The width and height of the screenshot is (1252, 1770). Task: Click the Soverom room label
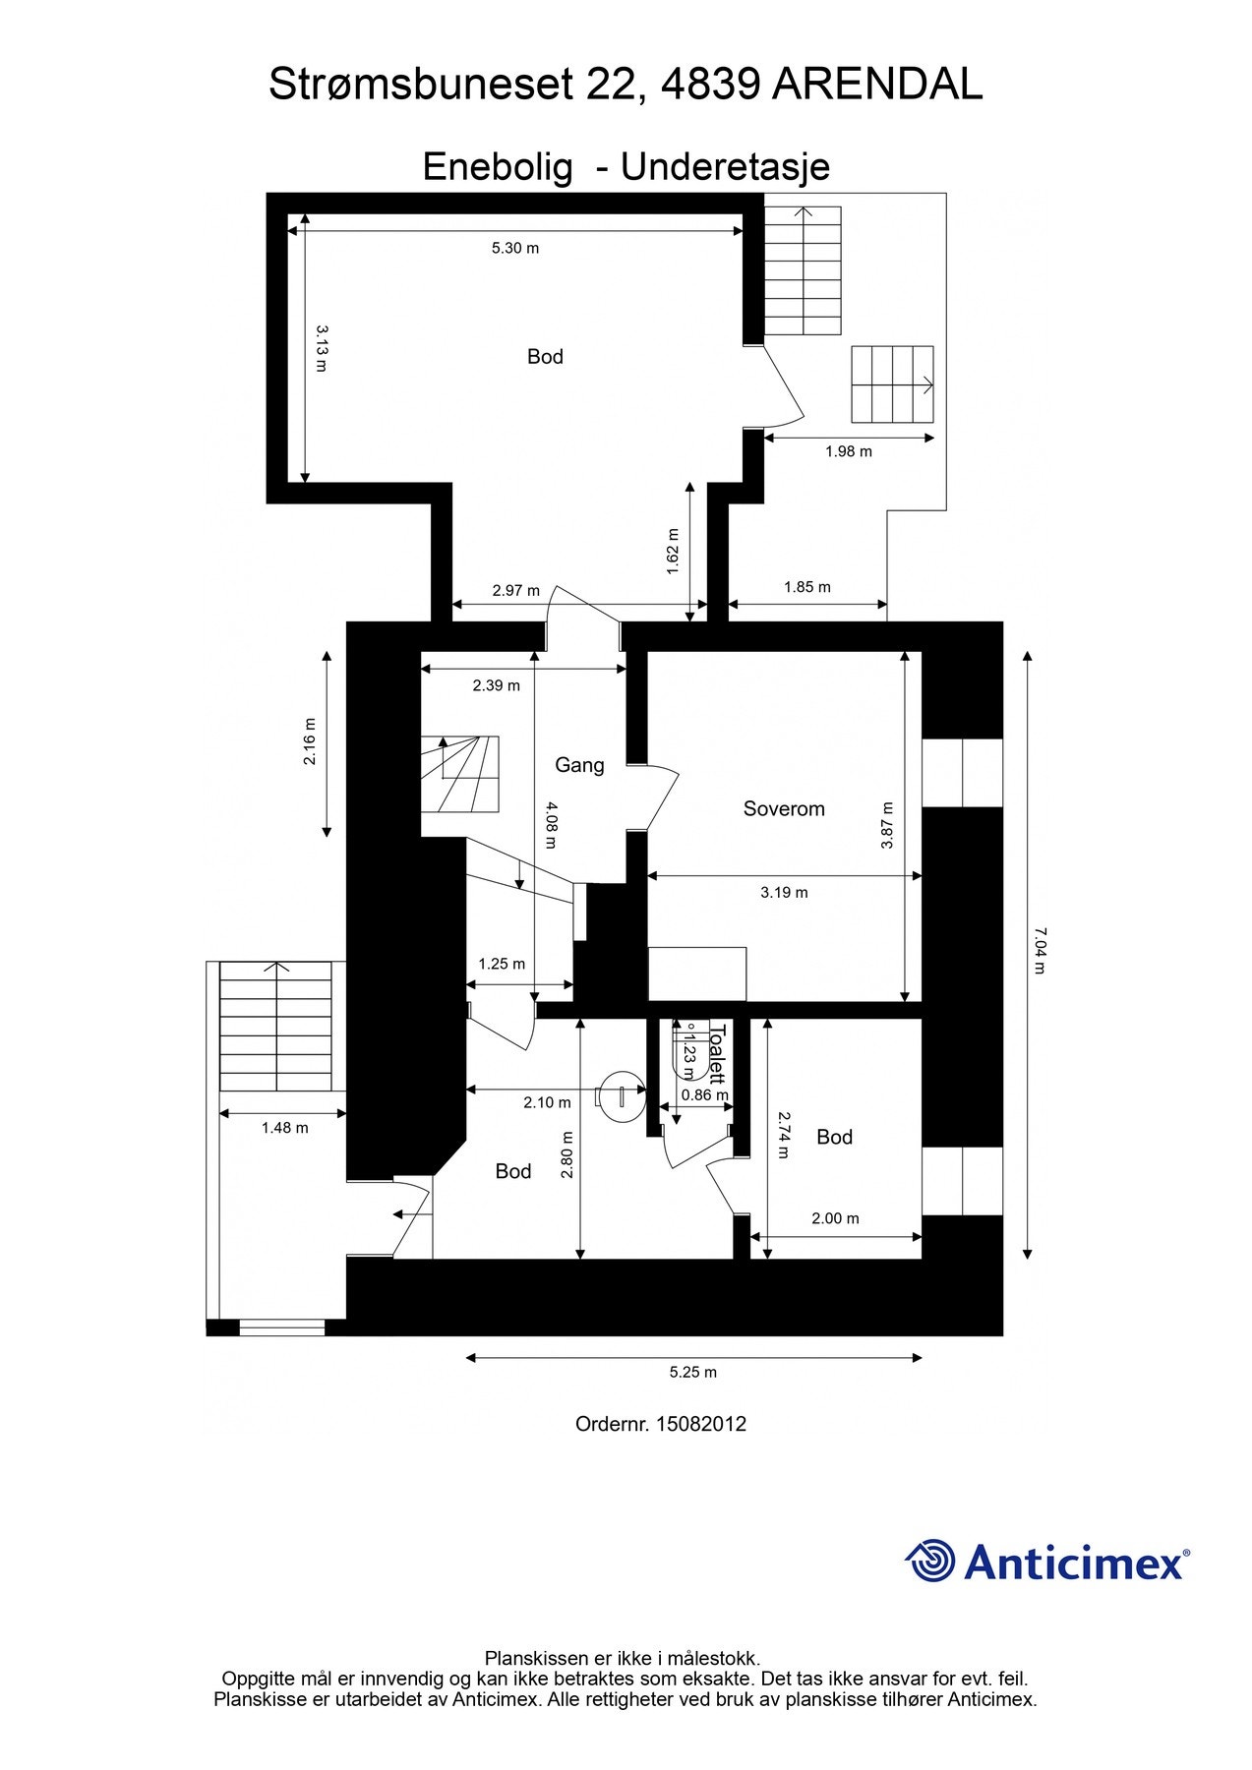pos(784,809)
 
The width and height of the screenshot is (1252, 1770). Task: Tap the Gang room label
pos(579,765)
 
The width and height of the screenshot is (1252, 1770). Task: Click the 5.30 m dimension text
pos(515,248)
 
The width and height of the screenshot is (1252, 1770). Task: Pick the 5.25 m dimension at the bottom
pos(693,1373)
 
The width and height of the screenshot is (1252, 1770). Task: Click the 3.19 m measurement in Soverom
pos(784,893)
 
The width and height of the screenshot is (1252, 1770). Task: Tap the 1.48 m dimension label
pos(284,1128)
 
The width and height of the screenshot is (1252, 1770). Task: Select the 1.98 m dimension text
pos(849,451)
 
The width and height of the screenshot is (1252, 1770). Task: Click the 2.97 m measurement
pos(515,591)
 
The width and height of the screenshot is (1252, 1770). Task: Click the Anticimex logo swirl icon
pos(929,1561)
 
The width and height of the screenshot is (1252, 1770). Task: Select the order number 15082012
pos(701,1424)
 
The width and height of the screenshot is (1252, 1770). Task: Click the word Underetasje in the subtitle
pos(725,166)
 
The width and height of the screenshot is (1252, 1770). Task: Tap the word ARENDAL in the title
pos(877,86)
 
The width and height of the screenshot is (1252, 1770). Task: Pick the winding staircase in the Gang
pos(461,774)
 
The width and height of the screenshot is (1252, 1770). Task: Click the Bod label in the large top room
pos(545,357)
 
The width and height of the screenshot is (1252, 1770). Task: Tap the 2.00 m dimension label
pos(835,1218)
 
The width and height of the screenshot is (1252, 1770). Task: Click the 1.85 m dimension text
pos(807,587)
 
